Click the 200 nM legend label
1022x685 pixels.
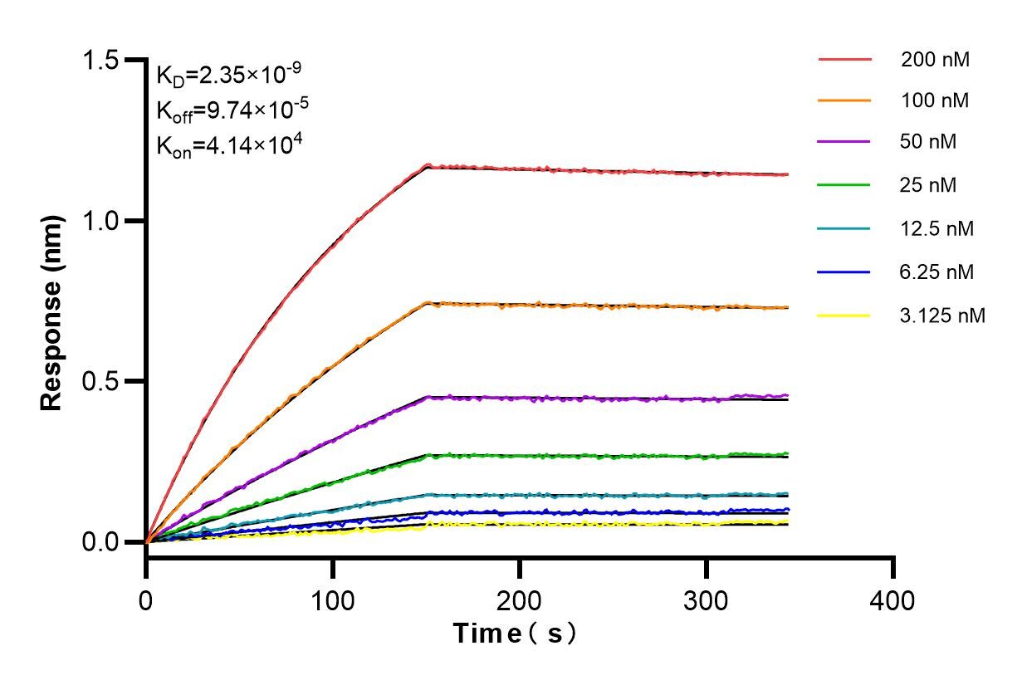[935, 60]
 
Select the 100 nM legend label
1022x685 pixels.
[935, 100]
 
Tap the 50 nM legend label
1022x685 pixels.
[928, 142]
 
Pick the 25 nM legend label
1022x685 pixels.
[928, 185]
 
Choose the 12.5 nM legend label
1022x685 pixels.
[936, 228]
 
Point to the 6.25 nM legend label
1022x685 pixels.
[936, 272]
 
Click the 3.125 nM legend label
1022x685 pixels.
[942, 316]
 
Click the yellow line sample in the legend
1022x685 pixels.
[844, 316]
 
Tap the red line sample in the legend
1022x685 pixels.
[844, 60]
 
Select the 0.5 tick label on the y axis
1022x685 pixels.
[101, 382]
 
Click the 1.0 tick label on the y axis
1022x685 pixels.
[101, 222]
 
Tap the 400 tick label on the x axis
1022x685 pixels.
[892, 599]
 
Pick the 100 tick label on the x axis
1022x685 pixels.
[332, 599]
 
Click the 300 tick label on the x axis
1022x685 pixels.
[706, 599]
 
